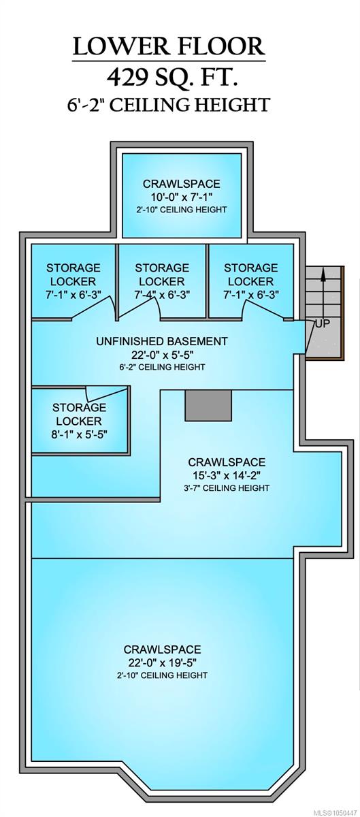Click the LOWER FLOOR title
(x=169, y=47)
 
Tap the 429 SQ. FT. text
(x=172, y=77)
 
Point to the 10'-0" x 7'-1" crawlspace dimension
(x=182, y=197)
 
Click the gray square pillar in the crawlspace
(x=208, y=406)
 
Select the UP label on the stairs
(x=322, y=323)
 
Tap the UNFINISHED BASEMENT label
(x=162, y=341)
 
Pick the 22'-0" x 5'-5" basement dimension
(x=162, y=355)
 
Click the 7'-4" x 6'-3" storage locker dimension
(x=162, y=294)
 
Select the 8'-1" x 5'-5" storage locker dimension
(x=79, y=434)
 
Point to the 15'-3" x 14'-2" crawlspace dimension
(x=227, y=475)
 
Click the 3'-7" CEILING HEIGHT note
(x=227, y=488)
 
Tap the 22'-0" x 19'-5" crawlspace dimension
(x=163, y=662)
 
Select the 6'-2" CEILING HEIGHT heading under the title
(x=169, y=105)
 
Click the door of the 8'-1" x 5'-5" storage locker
(x=107, y=394)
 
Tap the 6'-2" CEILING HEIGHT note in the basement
(x=162, y=367)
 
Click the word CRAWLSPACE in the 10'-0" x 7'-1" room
(x=182, y=184)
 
